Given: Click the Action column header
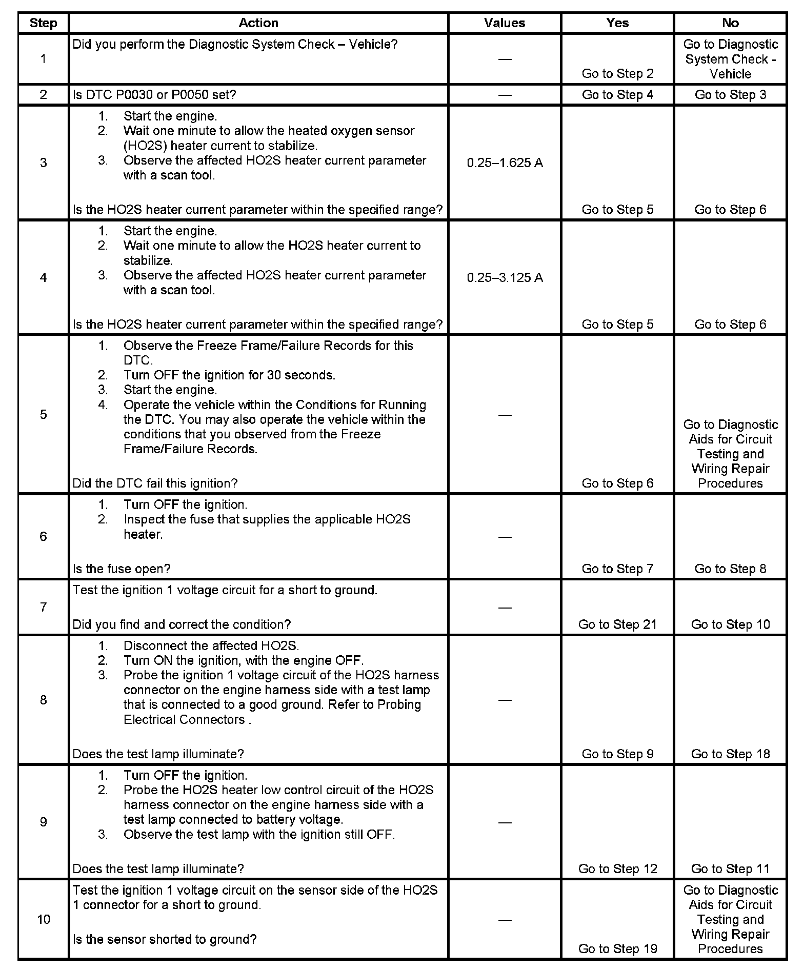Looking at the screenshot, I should click(258, 23).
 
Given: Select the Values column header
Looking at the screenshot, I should click(505, 23).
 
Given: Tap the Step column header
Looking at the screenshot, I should click(43, 23).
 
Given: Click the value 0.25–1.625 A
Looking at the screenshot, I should click(505, 163).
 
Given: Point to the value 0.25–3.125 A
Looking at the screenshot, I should click(505, 278).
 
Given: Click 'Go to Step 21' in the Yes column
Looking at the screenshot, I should click(617, 624).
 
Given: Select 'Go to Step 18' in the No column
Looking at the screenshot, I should click(730, 754).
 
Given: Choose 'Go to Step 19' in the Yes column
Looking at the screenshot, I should click(617, 949).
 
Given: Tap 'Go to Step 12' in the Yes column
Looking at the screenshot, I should click(617, 868).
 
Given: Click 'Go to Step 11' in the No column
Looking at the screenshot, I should click(730, 868).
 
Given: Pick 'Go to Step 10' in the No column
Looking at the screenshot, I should click(730, 624).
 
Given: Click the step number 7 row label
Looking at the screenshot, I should click(43, 608).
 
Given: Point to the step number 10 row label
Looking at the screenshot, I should click(43, 919).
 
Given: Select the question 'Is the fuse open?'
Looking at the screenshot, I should click(122, 569).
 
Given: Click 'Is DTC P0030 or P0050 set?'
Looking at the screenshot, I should click(154, 95).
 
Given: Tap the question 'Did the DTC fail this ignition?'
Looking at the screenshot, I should click(155, 483).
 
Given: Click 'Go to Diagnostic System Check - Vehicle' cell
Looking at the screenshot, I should click(730, 59).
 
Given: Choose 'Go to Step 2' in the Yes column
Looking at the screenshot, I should click(617, 74).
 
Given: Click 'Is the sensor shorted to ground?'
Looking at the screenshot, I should click(164, 939).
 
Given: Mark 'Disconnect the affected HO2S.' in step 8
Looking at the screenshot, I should click(211, 645).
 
